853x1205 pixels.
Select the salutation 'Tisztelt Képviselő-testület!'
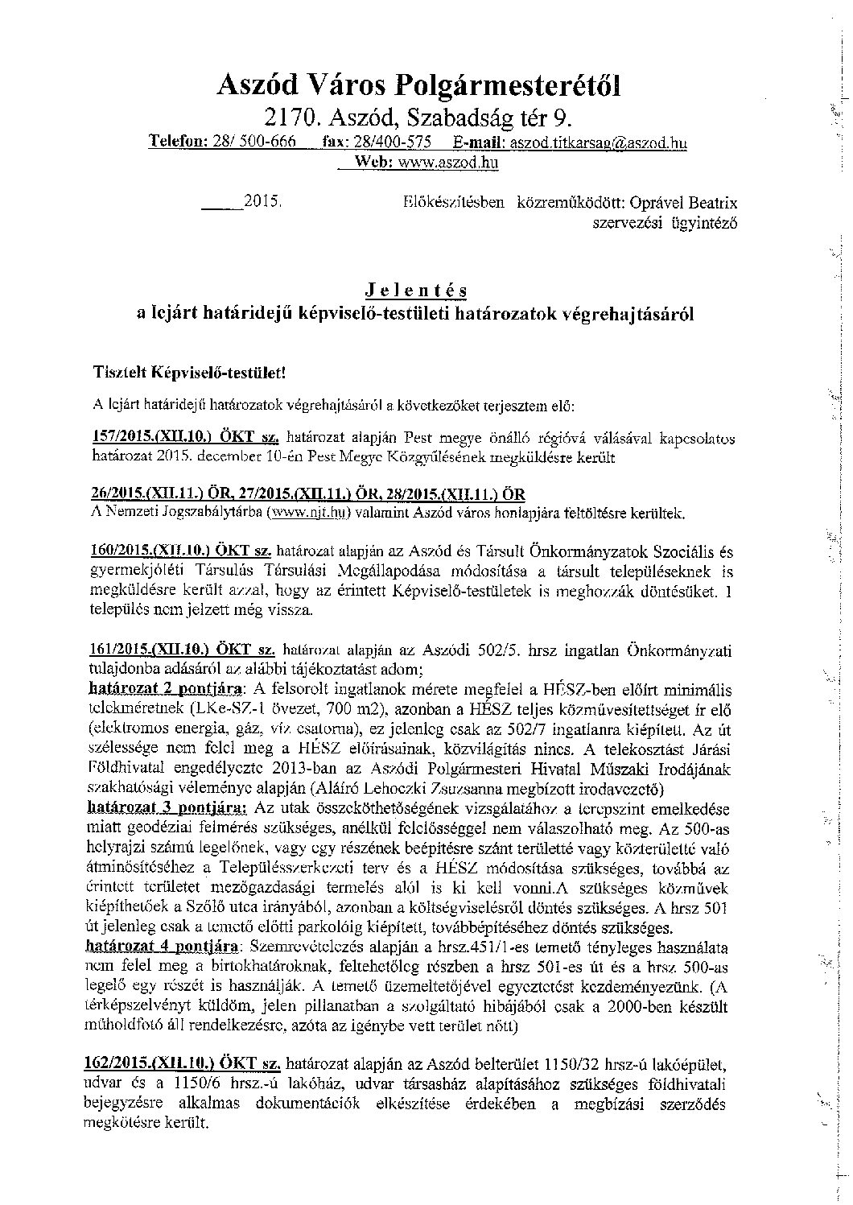(x=189, y=373)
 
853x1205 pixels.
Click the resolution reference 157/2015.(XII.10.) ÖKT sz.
(x=184, y=438)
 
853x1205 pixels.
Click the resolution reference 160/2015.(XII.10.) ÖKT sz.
(x=183, y=551)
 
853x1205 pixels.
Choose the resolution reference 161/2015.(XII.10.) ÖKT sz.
(x=183, y=649)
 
